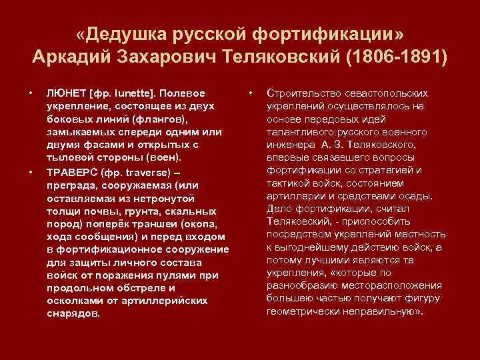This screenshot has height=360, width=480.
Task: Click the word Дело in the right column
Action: pos(279,207)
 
